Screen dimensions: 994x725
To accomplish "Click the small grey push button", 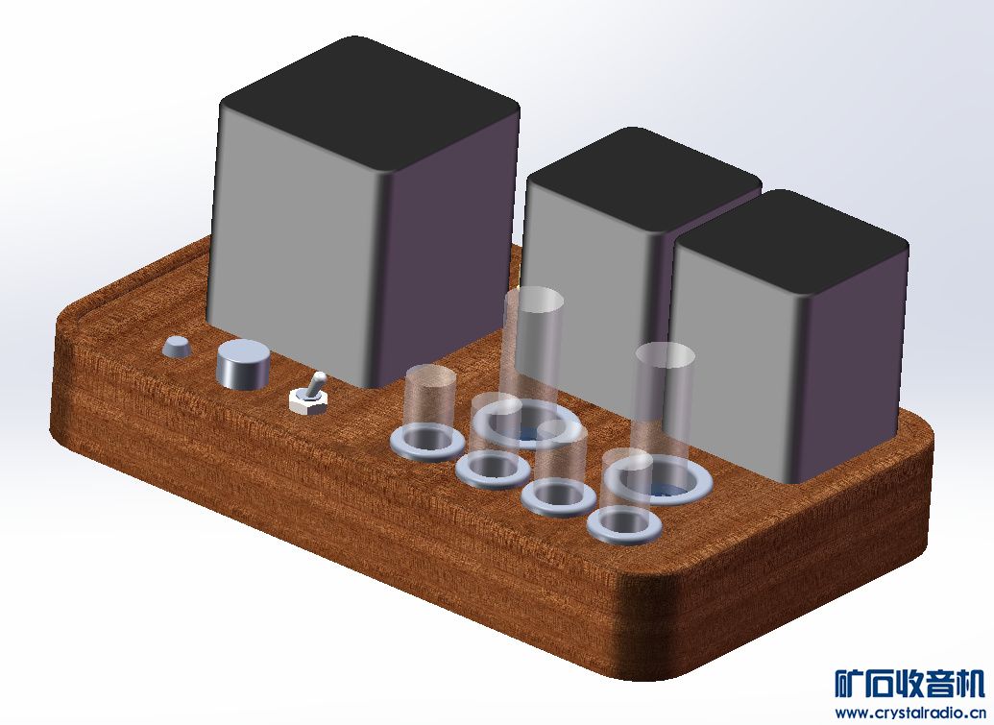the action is tap(177, 347).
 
